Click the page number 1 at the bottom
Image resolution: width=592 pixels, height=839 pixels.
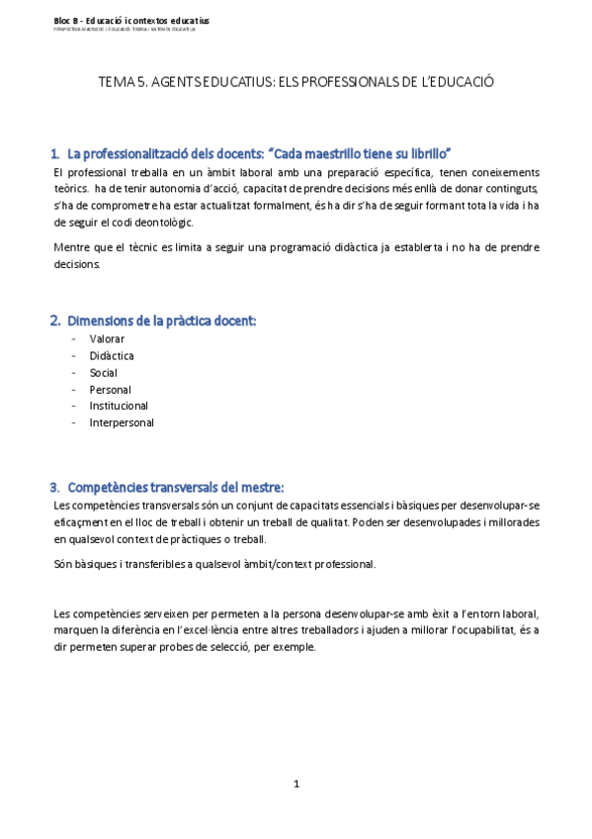[296, 784]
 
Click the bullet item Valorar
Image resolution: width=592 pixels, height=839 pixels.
[107, 338]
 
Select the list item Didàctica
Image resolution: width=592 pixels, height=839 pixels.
[112, 355]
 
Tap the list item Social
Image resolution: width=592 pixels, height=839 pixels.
[103, 373]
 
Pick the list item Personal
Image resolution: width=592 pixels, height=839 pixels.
[110, 390]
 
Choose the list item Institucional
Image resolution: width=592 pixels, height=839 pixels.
[119, 406]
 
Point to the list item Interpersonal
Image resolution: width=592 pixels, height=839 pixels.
[122, 422]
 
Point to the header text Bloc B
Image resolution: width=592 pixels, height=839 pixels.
[67, 20]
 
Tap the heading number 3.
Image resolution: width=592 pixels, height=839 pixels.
[55, 487]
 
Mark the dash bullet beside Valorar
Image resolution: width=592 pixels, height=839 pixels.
[74, 338]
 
